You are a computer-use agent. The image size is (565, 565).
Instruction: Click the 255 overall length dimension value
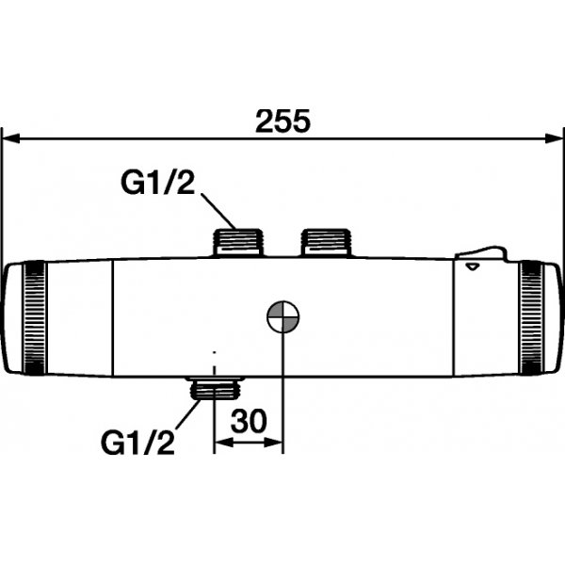(x=283, y=121)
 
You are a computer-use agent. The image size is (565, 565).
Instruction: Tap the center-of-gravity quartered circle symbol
(x=282, y=317)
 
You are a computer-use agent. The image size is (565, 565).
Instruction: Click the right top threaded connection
(x=324, y=242)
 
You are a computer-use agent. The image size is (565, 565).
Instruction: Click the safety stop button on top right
(x=481, y=252)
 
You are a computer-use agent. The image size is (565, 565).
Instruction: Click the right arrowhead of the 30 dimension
(x=277, y=440)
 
